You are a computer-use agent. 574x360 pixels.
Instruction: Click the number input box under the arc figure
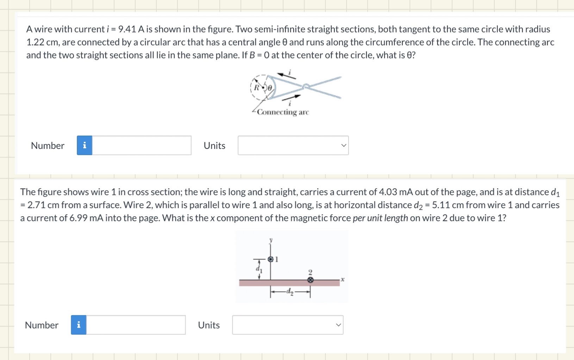point(142,145)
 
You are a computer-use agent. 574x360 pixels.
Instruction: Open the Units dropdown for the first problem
point(293,145)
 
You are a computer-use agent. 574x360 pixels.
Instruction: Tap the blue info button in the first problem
point(85,145)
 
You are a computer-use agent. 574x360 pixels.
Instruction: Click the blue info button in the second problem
point(79,325)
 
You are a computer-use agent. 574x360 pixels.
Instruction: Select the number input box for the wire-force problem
point(136,325)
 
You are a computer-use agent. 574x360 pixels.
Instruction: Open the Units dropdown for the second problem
point(288,325)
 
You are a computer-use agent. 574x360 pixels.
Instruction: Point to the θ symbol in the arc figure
point(270,88)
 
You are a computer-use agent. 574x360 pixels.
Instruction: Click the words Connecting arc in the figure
point(283,112)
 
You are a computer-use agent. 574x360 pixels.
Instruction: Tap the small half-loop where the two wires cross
point(306,86)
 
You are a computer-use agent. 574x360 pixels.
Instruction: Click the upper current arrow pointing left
point(286,75)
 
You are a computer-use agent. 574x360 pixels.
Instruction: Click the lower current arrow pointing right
point(292,97)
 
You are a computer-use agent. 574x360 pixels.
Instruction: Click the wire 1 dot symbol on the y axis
point(270,259)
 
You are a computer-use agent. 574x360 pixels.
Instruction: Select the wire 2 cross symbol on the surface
point(310,280)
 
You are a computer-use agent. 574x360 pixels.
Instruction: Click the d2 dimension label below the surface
point(290,292)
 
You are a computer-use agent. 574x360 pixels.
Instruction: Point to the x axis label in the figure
point(343,280)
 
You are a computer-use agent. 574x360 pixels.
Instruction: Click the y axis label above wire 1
point(271,240)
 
